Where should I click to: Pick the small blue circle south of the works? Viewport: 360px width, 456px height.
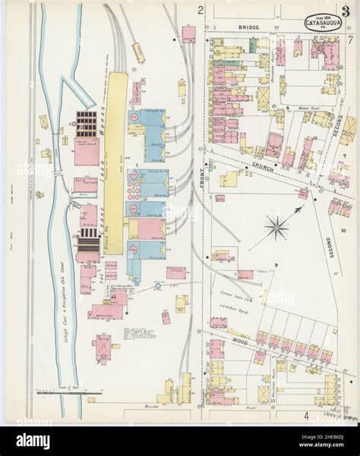pos(158,285)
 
